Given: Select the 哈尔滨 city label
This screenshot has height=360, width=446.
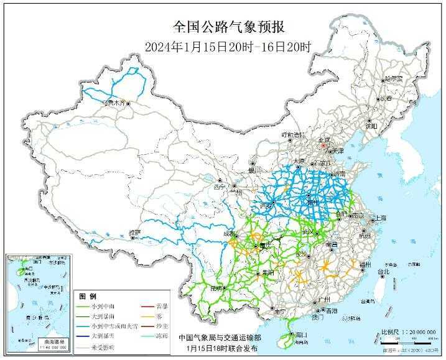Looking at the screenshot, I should (394, 79).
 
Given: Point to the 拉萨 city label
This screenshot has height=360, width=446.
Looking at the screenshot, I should (135, 233).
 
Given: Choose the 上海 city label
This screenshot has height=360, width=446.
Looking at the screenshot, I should (378, 219).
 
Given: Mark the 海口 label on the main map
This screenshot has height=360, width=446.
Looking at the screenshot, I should (302, 335).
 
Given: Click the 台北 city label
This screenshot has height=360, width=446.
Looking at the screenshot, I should (383, 272).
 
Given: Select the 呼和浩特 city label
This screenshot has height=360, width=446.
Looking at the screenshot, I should (294, 135).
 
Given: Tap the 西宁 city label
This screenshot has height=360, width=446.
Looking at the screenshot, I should (217, 186).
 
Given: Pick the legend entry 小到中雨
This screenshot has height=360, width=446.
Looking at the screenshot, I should (106, 306).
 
